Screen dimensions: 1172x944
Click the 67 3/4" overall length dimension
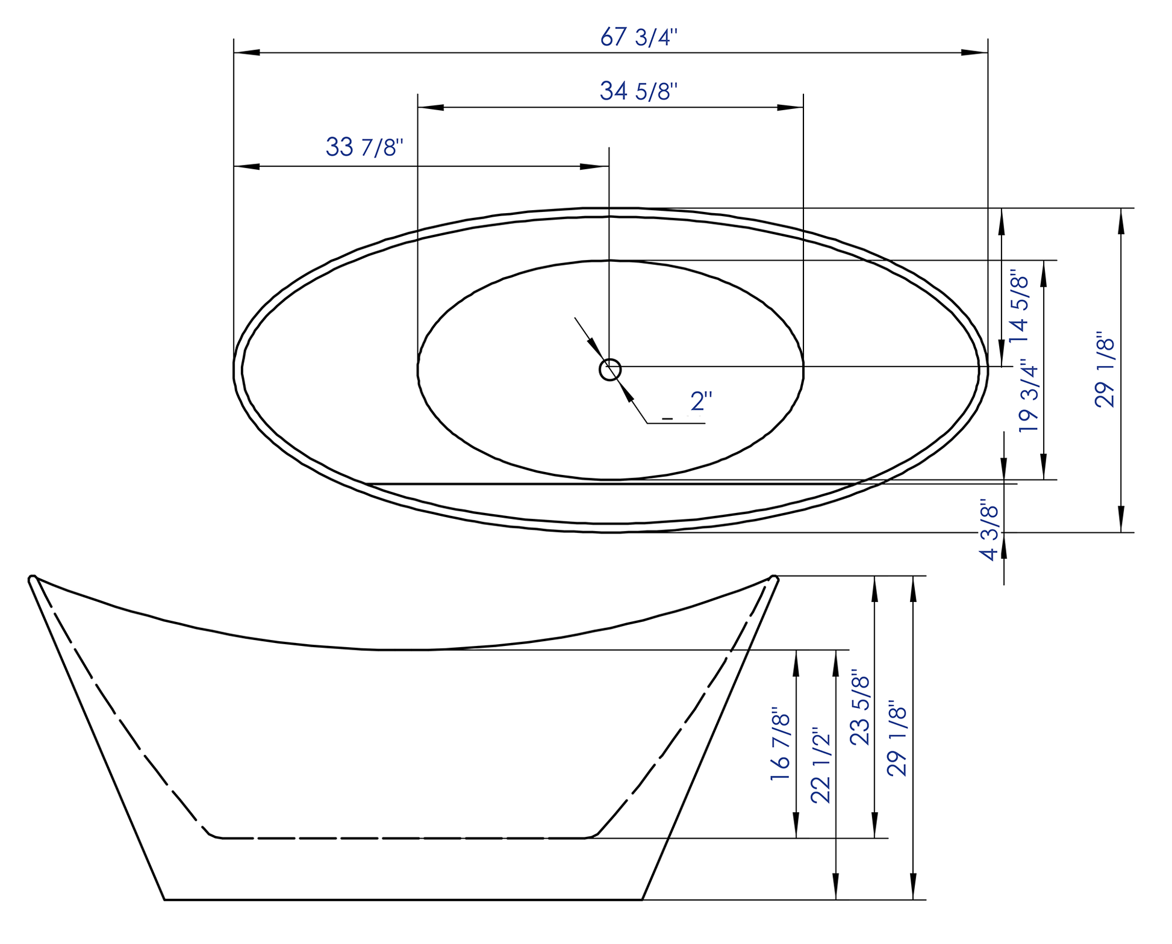tap(639, 37)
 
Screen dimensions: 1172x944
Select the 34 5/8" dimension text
tap(638, 91)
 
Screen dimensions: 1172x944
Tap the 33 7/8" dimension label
tap(364, 147)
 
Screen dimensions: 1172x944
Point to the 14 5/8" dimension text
tap(1019, 306)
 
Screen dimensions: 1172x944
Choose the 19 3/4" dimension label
tap(1029, 395)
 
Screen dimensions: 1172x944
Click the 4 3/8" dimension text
tap(990, 529)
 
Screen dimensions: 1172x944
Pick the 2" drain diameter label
tap(701, 401)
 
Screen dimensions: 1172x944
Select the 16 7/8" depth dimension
tap(779, 744)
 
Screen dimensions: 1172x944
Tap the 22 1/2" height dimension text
tap(820, 768)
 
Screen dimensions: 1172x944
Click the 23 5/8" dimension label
tap(860, 710)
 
